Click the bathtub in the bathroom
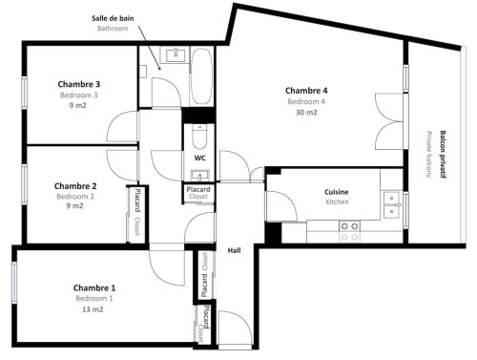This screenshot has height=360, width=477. point(201,75)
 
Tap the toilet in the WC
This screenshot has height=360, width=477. point(199,137)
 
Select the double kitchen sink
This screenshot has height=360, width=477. point(391,204)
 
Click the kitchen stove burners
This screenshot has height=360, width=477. point(349,231)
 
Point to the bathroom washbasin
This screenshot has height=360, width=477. point(176,54)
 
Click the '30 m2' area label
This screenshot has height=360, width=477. point(306,113)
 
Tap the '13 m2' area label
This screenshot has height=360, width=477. point(93,309)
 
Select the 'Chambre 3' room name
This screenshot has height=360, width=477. point(79,84)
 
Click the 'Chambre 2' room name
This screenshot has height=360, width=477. point(75,186)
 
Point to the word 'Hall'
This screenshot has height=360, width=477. point(234,250)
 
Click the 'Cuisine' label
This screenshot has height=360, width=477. point(337,192)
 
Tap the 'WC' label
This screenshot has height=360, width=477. point(199,158)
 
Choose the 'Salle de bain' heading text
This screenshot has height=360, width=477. point(113,18)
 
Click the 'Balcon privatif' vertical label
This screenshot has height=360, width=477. point(443,154)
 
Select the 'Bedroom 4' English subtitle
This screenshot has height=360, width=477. point(306,101)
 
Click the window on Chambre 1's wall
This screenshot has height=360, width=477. point(14,283)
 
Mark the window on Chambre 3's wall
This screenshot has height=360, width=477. point(24,93)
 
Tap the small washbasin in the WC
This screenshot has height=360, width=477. point(199,175)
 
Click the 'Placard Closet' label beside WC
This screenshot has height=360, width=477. point(198,193)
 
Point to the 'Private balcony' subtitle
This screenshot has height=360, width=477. point(429,154)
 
